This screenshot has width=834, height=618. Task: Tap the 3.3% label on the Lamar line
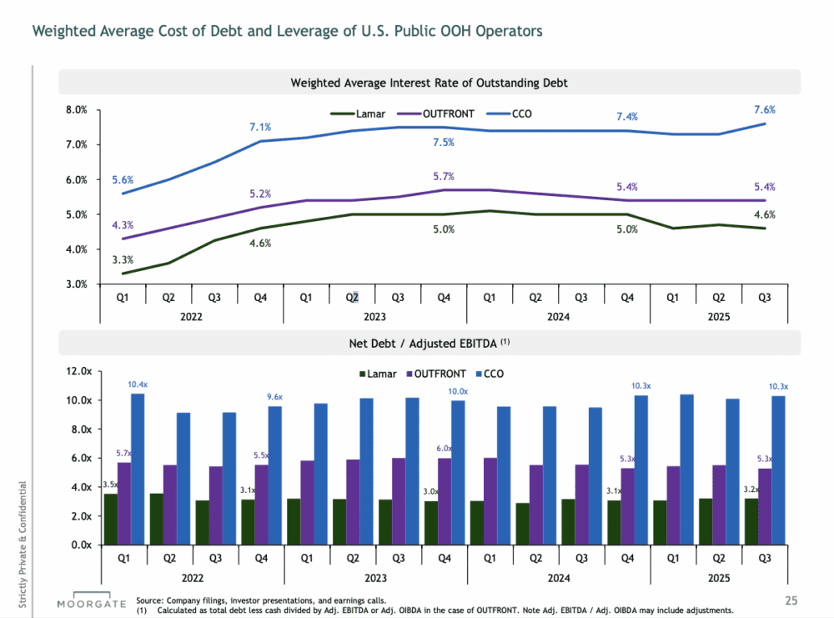point(123,259)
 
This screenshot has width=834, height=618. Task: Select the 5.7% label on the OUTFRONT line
point(444,176)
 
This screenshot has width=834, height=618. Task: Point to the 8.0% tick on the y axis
point(77,109)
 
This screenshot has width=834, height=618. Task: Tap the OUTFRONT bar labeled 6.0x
point(445,501)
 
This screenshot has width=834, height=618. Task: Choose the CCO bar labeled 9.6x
point(274,475)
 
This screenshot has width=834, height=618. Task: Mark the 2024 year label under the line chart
point(558,317)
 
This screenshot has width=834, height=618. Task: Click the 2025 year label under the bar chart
point(717,576)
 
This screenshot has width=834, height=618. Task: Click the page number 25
point(791,600)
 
